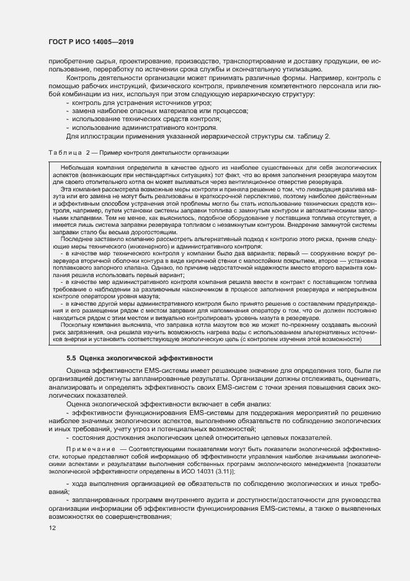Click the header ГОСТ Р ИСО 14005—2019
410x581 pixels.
point(91,42)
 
